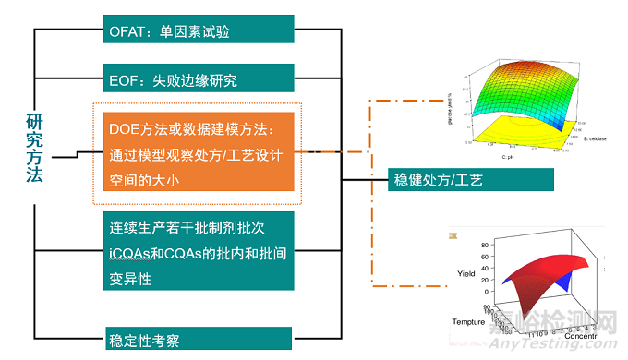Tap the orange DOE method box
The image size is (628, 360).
click(x=194, y=151)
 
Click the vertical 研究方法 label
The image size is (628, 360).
click(x=34, y=148)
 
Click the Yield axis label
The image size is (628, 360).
click(x=465, y=273)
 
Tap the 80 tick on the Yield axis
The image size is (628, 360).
click(x=486, y=244)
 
